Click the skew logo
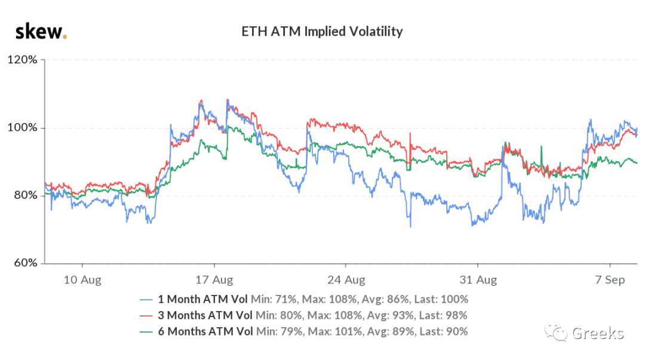[41, 32]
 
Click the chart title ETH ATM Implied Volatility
[322, 32]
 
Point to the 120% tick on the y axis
[23, 60]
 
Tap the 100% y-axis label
[23, 128]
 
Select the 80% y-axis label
[26, 195]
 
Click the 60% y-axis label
[26, 263]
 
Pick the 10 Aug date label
[82, 280]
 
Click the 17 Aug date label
[214, 280]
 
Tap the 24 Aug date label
[346, 280]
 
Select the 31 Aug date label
[478, 280]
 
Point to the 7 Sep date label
[610, 280]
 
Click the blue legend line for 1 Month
[146, 300]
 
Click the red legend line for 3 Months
[146, 316]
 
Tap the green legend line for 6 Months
[146, 332]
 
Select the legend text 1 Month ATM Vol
[203, 300]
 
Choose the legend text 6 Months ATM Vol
[205, 331]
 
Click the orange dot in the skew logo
[64, 38]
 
